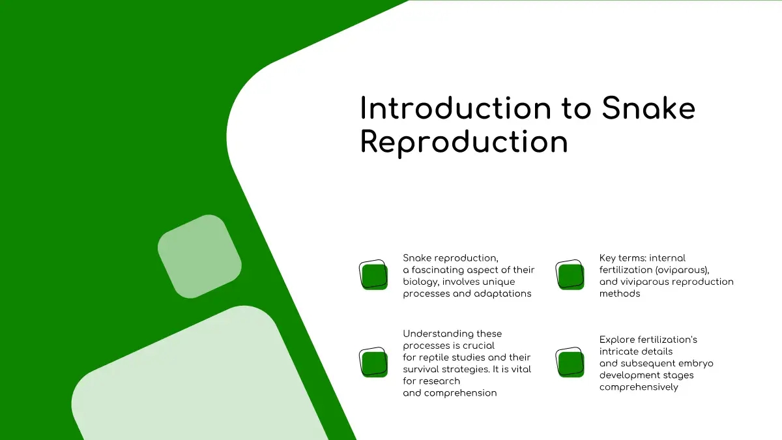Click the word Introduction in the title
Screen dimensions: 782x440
coord(456,108)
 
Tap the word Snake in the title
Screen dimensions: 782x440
coord(648,108)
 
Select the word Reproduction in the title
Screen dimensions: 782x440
coord(464,142)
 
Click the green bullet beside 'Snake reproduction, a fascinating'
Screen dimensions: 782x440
coord(373,275)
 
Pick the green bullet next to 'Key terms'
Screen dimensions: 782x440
coord(570,275)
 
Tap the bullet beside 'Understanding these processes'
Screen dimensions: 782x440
coord(373,362)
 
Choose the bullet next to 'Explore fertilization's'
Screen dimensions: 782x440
coord(570,362)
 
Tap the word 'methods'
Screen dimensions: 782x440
coord(620,294)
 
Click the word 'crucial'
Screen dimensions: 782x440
coord(478,345)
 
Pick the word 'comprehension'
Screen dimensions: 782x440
coord(461,394)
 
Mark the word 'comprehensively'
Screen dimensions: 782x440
coord(639,388)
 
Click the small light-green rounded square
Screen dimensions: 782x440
coord(199,257)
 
